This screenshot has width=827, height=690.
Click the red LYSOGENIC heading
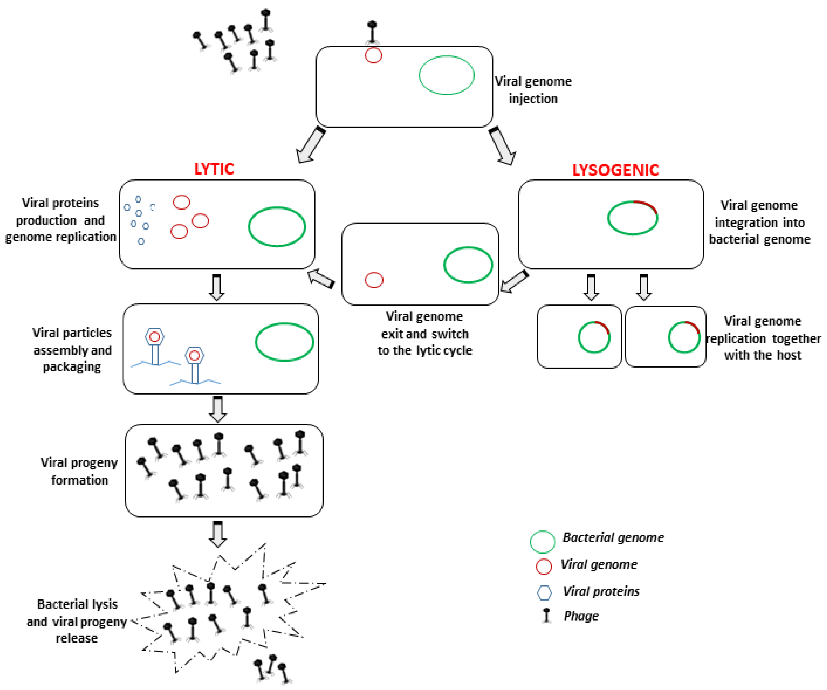615,170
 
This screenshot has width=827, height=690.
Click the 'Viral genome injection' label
533,90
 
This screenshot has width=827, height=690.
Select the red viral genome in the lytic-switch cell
374,280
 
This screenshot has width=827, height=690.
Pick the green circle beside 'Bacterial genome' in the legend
542,542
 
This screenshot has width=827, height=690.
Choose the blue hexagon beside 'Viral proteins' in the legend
544,592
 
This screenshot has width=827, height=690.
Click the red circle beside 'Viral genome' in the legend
544,566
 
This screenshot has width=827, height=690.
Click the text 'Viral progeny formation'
79,471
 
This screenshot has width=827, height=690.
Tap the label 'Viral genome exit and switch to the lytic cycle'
424,333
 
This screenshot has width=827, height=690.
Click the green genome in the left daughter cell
594,337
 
